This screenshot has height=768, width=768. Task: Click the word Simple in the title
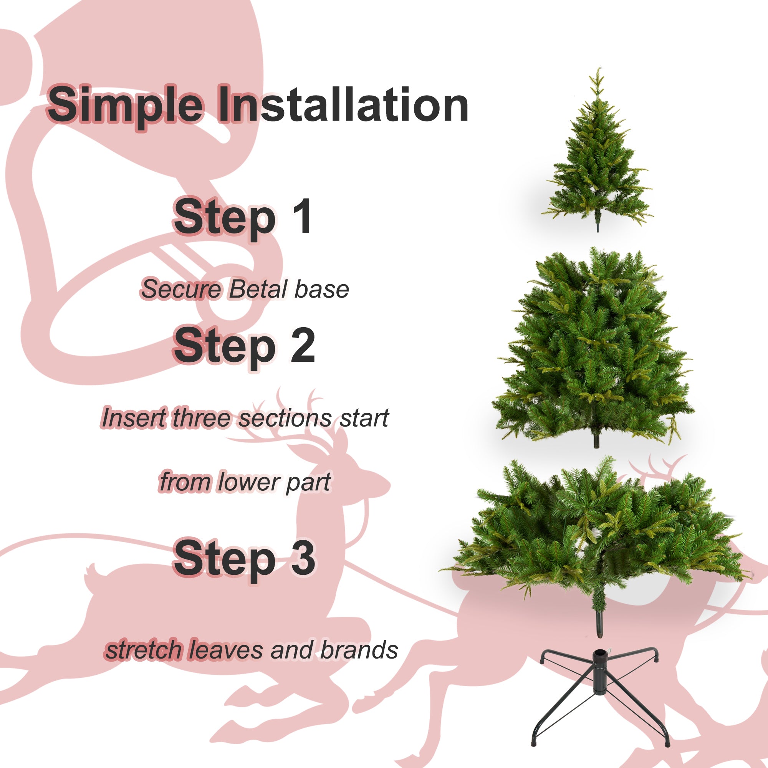125,105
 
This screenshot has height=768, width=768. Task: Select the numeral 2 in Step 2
303,345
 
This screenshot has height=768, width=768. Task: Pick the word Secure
181,290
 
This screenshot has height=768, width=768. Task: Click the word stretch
143,650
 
